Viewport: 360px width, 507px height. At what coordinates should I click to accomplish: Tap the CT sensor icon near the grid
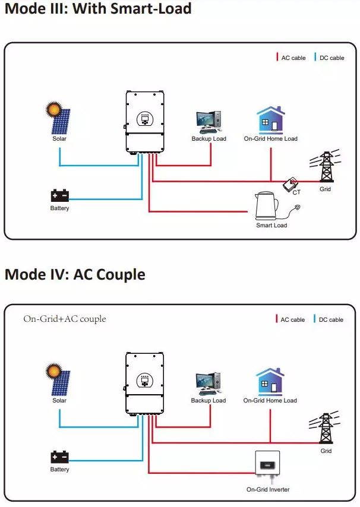click(291, 184)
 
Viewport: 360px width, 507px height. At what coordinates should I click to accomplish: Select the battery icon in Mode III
click(60, 195)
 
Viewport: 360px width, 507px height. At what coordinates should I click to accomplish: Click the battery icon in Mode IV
click(60, 457)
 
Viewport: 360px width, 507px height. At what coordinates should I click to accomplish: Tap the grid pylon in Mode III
click(326, 168)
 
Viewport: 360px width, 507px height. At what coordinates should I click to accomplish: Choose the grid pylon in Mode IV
click(326, 429)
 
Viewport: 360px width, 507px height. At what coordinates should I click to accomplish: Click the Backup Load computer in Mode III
click(209, 122)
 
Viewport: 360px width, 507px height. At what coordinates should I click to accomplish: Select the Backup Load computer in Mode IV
click(209, 384)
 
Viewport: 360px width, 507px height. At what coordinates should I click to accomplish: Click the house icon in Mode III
click(270, 120)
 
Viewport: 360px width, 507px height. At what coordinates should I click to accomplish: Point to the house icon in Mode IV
click(270, 382)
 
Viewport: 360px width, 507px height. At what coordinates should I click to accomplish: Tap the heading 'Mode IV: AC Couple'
click(75, 274)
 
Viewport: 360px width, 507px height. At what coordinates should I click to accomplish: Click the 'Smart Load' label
click(271, 226)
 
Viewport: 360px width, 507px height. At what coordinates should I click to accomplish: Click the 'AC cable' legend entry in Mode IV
click(290, 319)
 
